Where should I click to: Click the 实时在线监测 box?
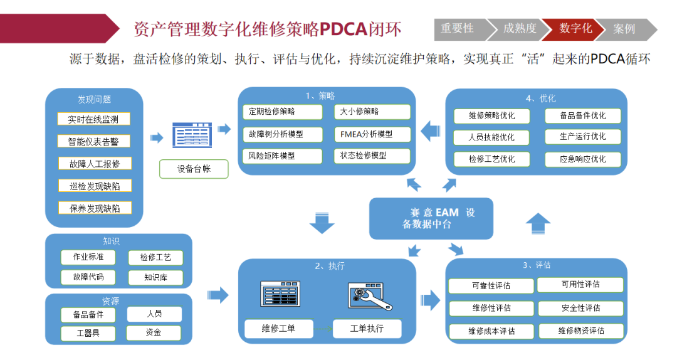click(x=93, y=119)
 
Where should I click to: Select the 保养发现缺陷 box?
click(x=94, y=208)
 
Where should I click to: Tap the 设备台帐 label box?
click(x=194, y=169)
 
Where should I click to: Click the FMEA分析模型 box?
click(x=372, y=134)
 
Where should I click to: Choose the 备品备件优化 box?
click(x=582, y=116)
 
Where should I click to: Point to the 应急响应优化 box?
click(x=582, y=159)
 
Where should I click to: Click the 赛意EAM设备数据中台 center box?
click(x=431, y=218)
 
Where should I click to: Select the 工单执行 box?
click(x=366, y=328)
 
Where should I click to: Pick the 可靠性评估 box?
click(x=491, y=286)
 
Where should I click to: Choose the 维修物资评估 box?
click(x=580, y=331)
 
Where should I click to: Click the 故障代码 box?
click(x=88, y=277)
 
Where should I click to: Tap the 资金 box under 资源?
click(x=154, y=332)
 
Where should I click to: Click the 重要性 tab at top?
click(x=458, y=29)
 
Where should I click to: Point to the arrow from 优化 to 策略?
click(x=430, y=131)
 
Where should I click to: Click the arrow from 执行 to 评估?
click(x=430, y=295)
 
